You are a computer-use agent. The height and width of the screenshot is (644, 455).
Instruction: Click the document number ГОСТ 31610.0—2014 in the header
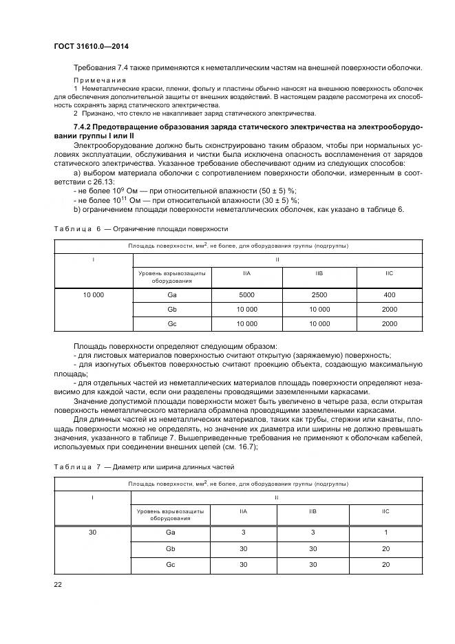(x=92, y=46)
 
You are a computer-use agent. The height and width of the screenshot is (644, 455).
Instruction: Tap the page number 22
(x=58, y=584)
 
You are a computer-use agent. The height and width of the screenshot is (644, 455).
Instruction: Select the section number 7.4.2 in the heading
(x=84, y=129)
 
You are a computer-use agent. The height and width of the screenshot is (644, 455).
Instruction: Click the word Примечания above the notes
(x=96, y=80)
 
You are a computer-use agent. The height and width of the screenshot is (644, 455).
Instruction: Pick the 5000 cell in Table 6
(x=246, y=294)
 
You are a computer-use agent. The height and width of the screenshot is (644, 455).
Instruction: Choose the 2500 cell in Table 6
(x=319, y=294)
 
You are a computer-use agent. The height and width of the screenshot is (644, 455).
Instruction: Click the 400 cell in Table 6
(x=390, y=294)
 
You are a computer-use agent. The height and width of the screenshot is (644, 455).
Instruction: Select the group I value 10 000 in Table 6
(x=93, y=294)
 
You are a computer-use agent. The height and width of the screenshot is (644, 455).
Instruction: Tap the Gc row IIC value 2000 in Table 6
(x=390, y=323)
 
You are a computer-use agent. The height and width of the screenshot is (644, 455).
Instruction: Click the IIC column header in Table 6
(x=390, y=274)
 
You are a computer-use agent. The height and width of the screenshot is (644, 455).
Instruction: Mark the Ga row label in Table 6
(x=171, y=294)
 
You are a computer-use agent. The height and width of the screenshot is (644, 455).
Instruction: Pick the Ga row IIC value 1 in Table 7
(x=385, y=533)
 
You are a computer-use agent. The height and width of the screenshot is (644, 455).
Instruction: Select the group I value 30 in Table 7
(x=92, y=533)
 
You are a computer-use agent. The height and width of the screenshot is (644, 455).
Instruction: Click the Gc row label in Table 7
(x=171, y=564)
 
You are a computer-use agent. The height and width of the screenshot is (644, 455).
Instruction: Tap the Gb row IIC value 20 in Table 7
(x=385, y=549)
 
